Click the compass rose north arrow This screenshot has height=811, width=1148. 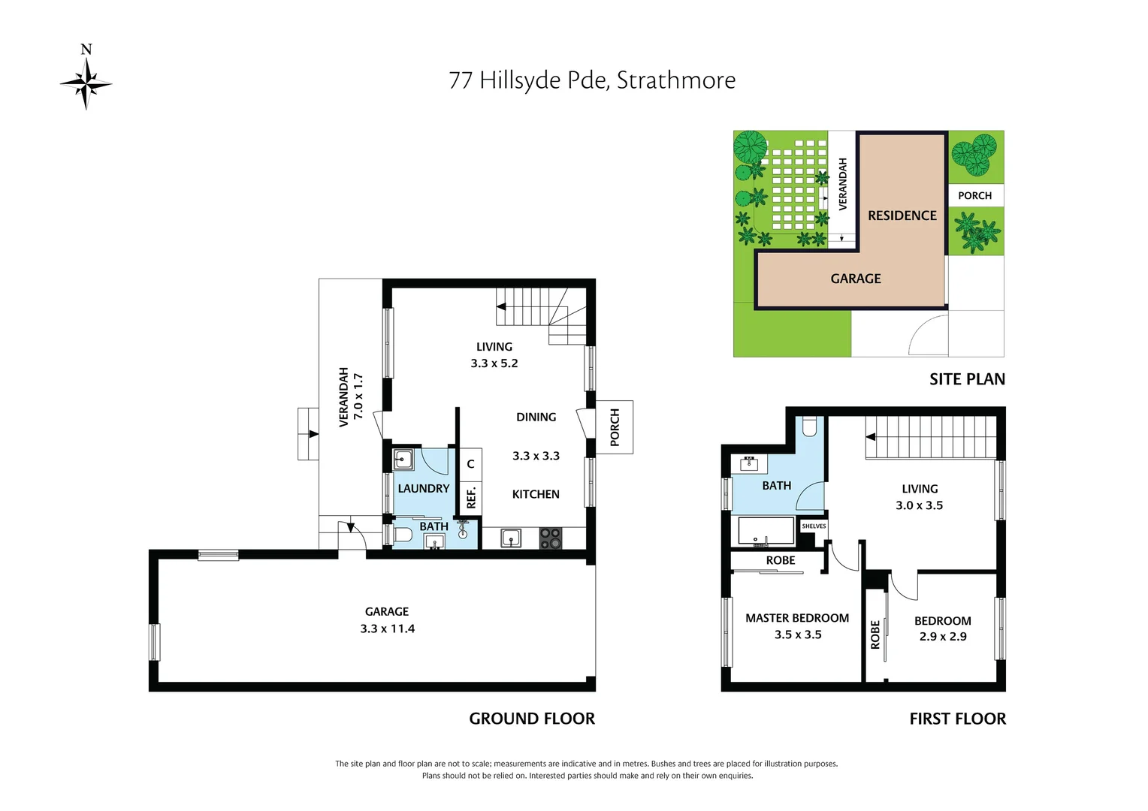tap(86, 82)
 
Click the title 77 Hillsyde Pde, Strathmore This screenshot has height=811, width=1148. tap(592, 80)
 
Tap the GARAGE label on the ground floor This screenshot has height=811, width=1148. tap(387, 612)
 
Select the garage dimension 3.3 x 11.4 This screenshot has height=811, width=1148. tap(387, 629)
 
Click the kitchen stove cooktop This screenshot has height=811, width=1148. tap(551, 538)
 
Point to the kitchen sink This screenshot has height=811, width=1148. tap(512, 538)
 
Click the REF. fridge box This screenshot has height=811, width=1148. tap(471, 498)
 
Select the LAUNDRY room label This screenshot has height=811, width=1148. tap(424, 489)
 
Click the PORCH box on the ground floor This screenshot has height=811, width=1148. tap(615, 427)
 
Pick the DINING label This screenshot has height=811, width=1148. tap(536, 418)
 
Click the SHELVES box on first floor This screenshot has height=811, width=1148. tap(814, 526)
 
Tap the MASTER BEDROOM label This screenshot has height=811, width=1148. tap(797, 618)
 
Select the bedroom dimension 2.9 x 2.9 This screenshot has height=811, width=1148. tap(943, 637)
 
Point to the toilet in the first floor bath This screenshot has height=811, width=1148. tap(809, 427)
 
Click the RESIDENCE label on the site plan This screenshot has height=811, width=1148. tap(902, 216)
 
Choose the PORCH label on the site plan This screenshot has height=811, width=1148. tap(974, 196)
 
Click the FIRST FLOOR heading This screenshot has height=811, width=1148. tap(957, 719)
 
